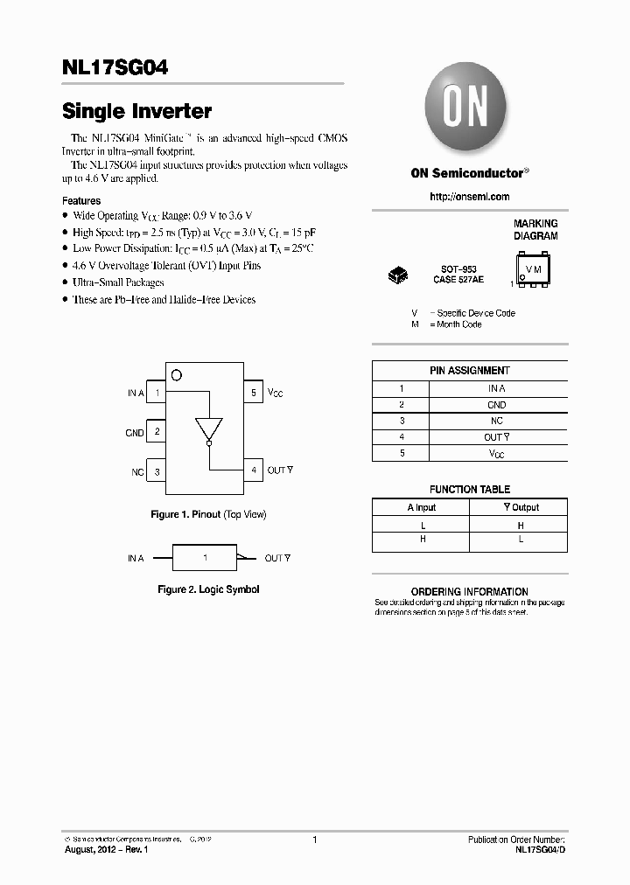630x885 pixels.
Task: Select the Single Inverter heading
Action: point(136,112)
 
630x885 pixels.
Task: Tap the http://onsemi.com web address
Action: point(469,197)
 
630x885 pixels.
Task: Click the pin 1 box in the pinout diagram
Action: point(157,394)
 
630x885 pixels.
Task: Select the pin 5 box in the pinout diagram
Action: point(253,394)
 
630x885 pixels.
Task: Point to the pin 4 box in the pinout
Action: point(253,470)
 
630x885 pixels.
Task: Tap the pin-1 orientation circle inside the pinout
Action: point(177,375)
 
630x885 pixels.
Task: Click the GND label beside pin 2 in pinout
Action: point(134,433)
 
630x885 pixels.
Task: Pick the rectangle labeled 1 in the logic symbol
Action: point(205,558)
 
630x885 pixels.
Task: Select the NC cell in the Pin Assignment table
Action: point(496,421)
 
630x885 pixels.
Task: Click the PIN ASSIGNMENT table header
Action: point(470,371)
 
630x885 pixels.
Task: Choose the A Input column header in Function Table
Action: point(421,507)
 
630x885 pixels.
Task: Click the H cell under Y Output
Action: point(520,526)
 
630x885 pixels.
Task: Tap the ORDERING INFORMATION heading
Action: point(470,592)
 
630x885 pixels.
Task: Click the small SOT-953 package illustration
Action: point(397,276)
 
